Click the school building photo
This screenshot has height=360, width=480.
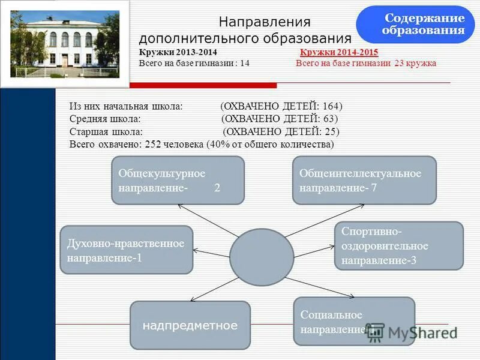[x=65, y=44]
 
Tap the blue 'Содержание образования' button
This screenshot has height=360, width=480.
[x=415, y=25]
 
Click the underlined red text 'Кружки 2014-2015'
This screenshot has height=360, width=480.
[x=338, y=53]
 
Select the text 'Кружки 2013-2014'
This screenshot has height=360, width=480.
[x=178, y=53]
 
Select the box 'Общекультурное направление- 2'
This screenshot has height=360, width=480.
[x=178, y=180]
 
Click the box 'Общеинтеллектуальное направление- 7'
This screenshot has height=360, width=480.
[x=364, y=180]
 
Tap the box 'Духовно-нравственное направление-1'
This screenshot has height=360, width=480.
[x=126, y=250]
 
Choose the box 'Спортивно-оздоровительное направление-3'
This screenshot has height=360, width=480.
[x=398, y=245]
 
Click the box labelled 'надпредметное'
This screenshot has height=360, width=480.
[x=190, y=325]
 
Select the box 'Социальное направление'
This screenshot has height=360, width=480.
[x=354, y=321]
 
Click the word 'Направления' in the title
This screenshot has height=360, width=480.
[x=264, y=22]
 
